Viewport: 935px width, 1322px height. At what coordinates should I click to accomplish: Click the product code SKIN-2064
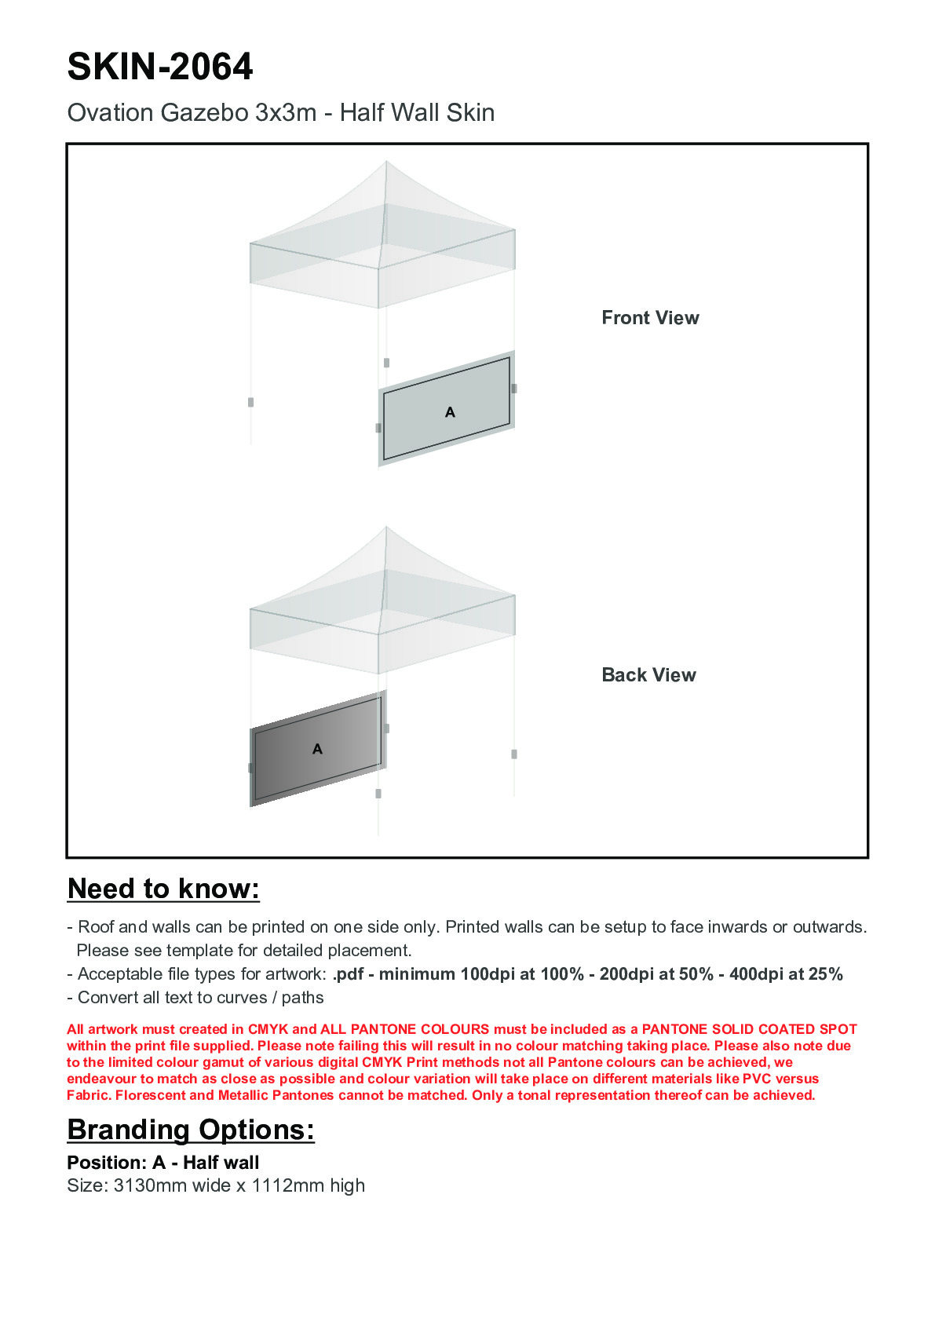click(x=160, y=67)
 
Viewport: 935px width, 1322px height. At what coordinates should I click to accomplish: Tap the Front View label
click(x=650, y=318)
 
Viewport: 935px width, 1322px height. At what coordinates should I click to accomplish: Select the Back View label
click(x=648, y=675)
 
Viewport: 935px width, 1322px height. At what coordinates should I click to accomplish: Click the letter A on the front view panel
click(x=450, y=412)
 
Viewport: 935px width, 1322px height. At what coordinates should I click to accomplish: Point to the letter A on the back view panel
click(x=317, y=749)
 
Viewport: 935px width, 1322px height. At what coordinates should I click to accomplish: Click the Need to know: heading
click(x=163, y=889)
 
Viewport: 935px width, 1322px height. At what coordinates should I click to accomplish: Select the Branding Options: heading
click(x=191, y=1130)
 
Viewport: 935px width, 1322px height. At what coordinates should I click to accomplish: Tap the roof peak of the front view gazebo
click(x=386, y=163)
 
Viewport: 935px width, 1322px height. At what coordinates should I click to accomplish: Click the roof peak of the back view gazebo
click(x=386, y=528)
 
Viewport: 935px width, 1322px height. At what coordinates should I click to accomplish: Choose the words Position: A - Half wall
click(x=163, y=1163)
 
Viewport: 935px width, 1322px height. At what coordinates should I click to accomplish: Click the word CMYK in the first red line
click(x=268, y=1029)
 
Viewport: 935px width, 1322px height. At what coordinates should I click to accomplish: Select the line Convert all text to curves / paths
click(x=200, y=998)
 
